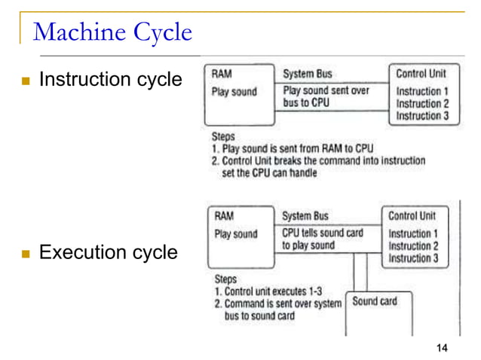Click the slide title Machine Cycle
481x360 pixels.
point(113,32)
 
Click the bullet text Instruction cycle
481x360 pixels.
point(110,79)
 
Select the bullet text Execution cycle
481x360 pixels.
point(108,252)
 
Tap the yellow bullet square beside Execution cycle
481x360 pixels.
point(25,253)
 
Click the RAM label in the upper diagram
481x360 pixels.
point(222,74)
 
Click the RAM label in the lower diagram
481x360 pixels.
point(224,215)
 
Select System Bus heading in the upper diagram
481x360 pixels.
point(307,74)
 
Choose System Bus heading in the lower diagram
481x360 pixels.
point(305,215)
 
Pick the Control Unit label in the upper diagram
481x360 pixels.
point(421,74)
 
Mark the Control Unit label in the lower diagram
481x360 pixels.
point(412,215)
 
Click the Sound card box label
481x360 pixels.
point(375,301)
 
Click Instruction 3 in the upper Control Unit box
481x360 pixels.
point(422,116)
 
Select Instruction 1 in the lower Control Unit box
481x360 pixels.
point(412,233)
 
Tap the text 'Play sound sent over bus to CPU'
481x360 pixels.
point(326,96)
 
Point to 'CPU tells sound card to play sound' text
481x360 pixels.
point(322,239)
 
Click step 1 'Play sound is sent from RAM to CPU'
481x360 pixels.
point(293,148)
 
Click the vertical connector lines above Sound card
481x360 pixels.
point(360,271)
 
